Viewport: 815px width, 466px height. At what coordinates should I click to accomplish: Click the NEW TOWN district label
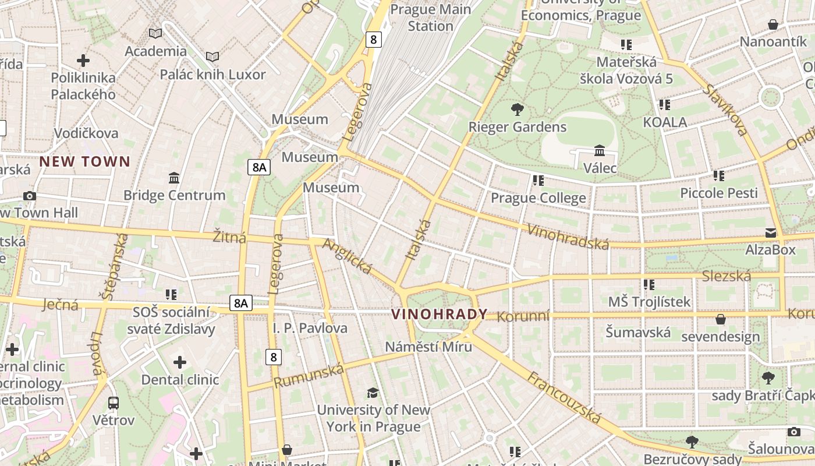tap(84, 161)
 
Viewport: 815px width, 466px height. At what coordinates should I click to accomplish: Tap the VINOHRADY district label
tap(439, 315)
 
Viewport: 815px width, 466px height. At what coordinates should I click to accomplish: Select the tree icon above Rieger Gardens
tap(516, 109)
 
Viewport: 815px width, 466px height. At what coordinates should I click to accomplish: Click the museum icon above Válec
tap(600, 151)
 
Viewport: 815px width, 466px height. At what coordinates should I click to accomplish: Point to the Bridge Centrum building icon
tap(173, 178)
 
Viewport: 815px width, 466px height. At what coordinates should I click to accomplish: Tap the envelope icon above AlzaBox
tap(771, 233)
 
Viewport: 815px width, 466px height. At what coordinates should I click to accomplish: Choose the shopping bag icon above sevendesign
tap(720, 319)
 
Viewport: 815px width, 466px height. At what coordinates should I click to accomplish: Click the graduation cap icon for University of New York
tap(373, 393)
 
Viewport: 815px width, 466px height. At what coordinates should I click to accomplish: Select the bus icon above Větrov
tap(114, 403)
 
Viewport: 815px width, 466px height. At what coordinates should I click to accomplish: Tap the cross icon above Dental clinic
tap(180, 362)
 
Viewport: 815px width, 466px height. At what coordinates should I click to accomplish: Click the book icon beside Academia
tap(155, 34)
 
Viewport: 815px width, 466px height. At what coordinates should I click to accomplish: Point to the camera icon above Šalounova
tap(793, 432)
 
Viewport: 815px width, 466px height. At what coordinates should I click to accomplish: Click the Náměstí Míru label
tap(428, 347)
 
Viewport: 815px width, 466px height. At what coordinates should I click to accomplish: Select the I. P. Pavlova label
tap(310, 328)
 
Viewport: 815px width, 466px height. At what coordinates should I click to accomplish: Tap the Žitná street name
tap(229, 237)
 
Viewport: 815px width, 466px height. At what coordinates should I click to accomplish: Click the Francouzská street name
tap(564, 397)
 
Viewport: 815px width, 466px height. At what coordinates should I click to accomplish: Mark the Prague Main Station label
tap(430, 17)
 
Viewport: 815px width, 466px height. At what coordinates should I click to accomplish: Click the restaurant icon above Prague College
tap(538, 181)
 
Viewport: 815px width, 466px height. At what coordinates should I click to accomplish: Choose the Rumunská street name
tap(309, 376)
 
